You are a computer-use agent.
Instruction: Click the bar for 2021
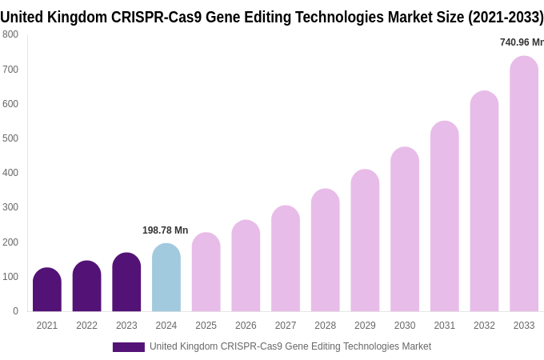coord(47,290)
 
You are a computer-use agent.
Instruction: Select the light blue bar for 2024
coord(166,278)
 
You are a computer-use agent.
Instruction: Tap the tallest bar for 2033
coord(524,184)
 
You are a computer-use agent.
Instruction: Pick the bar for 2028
coord(326,250)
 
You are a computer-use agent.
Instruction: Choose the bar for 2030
coord(405,230)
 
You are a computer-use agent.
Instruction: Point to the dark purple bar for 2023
coord(126,282)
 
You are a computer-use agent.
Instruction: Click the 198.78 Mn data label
coord(165,230)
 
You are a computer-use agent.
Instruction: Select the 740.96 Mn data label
coord(522,42)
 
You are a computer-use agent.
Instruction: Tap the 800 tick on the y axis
coord(10,34)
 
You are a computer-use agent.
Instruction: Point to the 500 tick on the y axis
coord(10,138)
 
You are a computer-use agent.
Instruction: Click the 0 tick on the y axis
coord(15,311)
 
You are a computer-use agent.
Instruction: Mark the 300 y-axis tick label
coord(10,207)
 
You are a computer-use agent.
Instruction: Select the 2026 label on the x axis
coord(246,326)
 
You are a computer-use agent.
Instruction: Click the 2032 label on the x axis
coord(484,326)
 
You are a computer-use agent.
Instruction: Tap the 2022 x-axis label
coord(86,326)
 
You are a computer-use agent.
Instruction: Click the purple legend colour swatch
coord(128,347)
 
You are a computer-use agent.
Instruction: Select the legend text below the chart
coord(290,346)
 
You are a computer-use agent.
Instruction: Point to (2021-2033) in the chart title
coord(500,17)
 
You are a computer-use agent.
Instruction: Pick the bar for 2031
coord(445,216)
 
